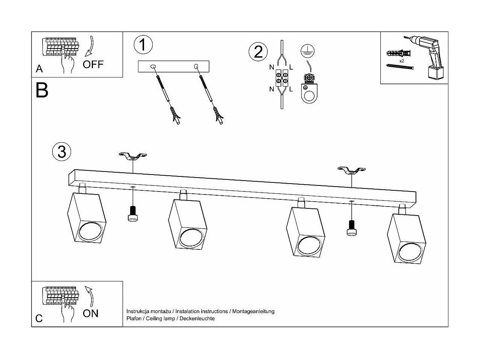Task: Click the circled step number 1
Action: [x=143, y=45]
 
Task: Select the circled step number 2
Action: [x=258, y=52]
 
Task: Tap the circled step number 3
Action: [x=62, y=151]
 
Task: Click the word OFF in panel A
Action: [x=93, y=64]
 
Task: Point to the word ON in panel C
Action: [x=90, y=313]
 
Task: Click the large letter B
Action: [x=42, y=90]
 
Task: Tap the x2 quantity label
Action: [x=401, y=61]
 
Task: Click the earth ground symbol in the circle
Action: [x=307, y=50]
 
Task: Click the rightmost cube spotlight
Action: [x=407, y=239]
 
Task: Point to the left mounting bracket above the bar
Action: [x=132, y=156]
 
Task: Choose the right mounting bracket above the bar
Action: [x=351, y=170]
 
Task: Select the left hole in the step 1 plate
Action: [x=153, y=67]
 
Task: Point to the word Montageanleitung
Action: [x=253, y=311]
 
